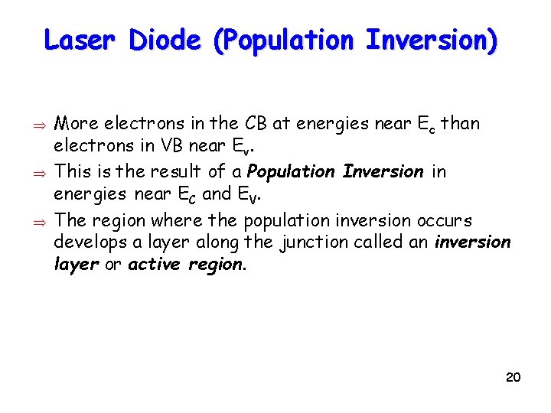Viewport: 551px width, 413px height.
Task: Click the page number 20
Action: click(x=514, y=378)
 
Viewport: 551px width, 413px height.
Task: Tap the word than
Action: click(x=462, y=123)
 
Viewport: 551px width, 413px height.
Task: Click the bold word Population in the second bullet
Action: click(x=293, y=171)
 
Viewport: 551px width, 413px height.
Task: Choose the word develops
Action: click(x=86, y=242)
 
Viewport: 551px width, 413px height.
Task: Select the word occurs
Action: click(x=445, y=220)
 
